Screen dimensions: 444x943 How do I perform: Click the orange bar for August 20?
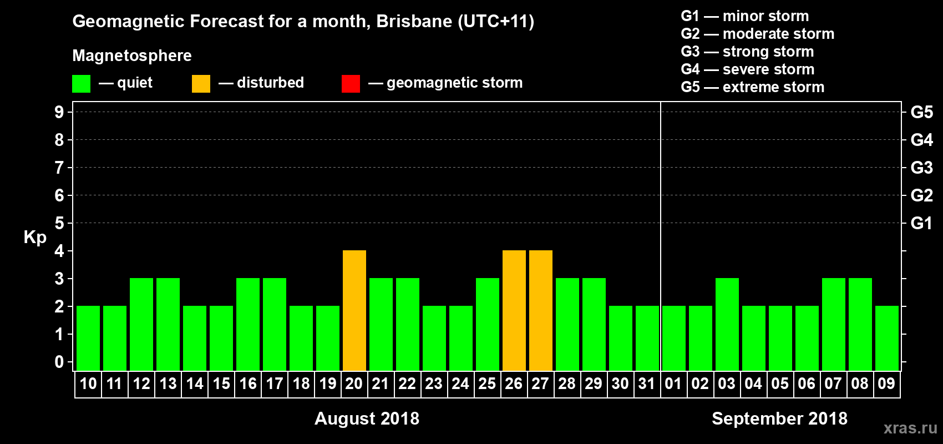(x=354, y=310)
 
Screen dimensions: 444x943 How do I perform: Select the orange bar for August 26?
(x=514, y=310)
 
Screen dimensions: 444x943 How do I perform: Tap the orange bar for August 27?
(x=540, y=310)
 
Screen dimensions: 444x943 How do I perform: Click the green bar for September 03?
(x=727, y=324)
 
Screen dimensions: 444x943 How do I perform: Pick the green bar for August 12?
(x=141, y=324)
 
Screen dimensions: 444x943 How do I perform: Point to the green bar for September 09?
(x=886, y=338)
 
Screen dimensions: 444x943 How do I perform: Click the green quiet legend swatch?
(x=81, y=84)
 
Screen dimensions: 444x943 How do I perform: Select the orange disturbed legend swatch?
(x=201, y=84)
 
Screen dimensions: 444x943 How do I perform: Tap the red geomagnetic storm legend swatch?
(x=351, y=84)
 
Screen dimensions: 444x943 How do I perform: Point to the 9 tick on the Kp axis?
(x=59, y=112)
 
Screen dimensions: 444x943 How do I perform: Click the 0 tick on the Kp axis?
(x=59, y=362)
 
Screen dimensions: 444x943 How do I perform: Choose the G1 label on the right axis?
(x=921, y=223)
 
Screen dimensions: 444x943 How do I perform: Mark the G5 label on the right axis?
(x=921, y=112)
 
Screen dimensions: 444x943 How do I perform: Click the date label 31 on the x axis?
(x=647, y=384)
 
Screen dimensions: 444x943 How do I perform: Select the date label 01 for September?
(x=673, y=384)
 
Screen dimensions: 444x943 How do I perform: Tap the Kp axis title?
(x=35, y=238)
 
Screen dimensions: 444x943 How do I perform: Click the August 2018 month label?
(x=367, y=418)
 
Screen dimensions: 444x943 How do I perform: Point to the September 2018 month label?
(x=779, y=418)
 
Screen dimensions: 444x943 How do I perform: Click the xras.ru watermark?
(x=910, y=428)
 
